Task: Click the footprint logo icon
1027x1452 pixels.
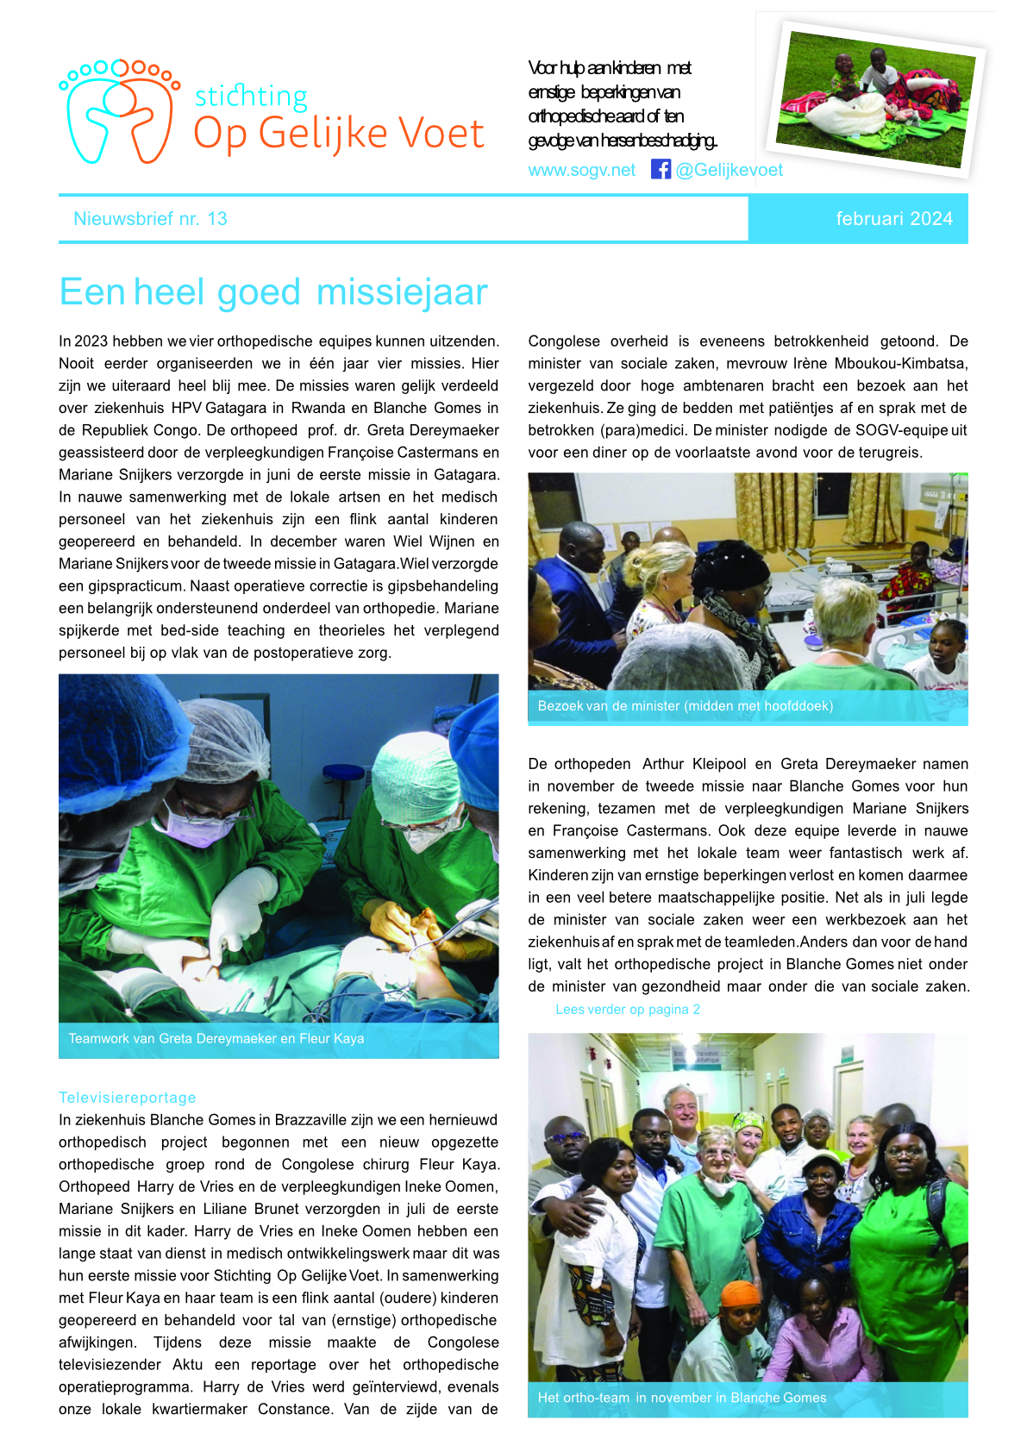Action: coord(119,110)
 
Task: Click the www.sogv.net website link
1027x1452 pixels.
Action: coord(581,170)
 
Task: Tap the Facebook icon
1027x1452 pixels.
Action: coord(661,169)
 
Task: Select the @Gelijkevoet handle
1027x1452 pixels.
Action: coord(730,170)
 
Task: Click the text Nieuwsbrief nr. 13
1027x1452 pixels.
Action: coord(150,219)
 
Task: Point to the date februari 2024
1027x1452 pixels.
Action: coord(893,219)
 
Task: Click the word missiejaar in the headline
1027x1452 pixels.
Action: coord(402,292)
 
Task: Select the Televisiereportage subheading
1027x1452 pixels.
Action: coord(128,1098)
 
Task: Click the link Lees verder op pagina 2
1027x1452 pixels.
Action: coord(628,1009)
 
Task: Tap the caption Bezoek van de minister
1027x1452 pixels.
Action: coord(685,706)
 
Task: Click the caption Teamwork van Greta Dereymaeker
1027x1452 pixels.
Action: coord(216,1039)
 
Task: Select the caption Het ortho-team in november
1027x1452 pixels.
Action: coord(681,1398)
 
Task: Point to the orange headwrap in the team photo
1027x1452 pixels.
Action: coord(740,1293)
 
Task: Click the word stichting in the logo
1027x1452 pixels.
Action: coord(251,96)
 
